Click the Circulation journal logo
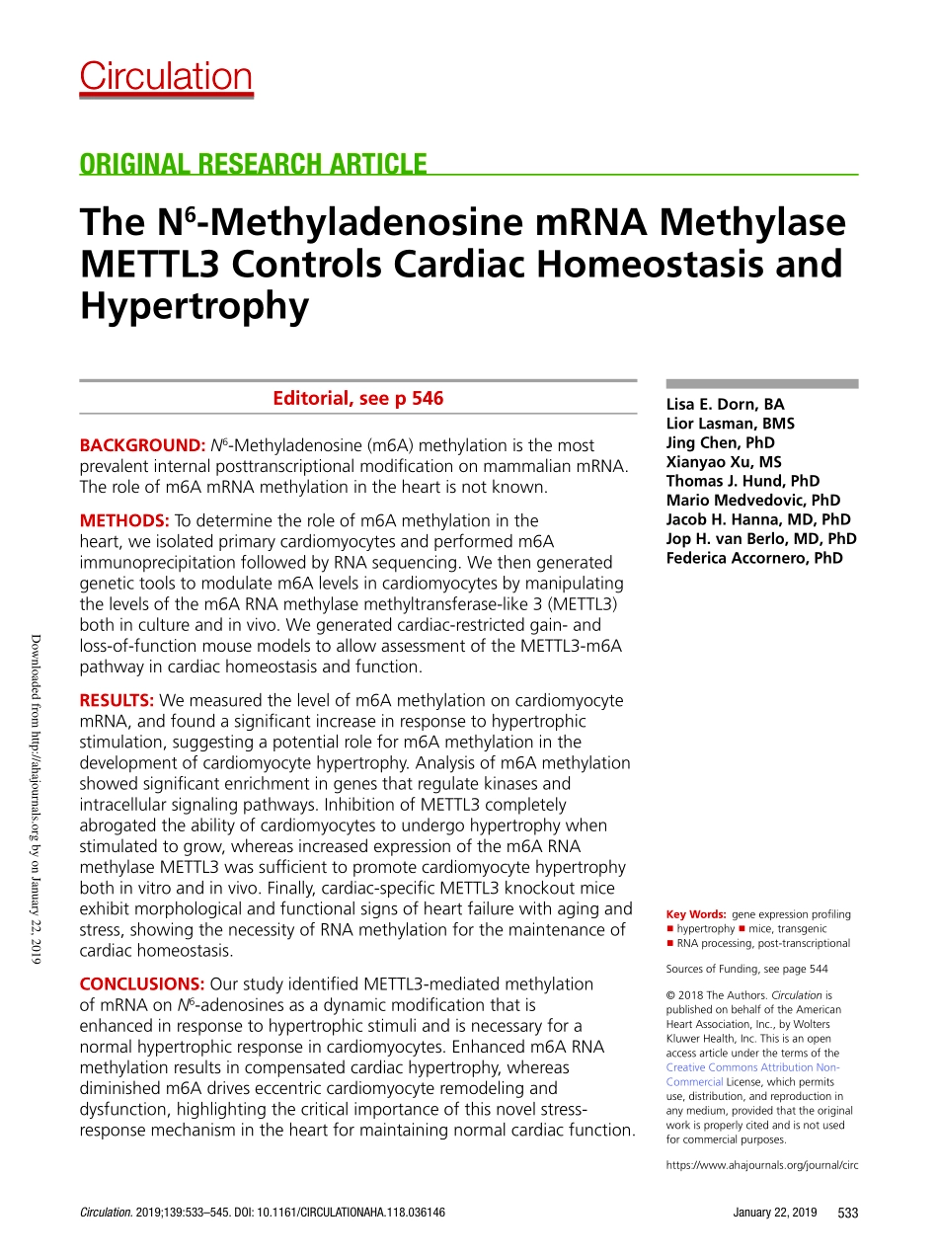(166, 77)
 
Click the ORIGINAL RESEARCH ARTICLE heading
(254, 164)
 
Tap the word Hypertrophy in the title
(194, 307)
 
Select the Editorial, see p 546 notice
(357, 399)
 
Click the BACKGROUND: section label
(142, 446)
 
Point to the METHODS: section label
(124, 520)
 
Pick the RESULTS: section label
(117, 700)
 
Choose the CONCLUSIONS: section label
(141, 983)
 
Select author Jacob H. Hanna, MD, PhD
(758, 519)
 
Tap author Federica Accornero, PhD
(754, 558)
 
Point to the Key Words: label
(696, 914)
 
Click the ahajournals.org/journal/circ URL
(762, 1165)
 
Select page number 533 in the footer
(847, 1213)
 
